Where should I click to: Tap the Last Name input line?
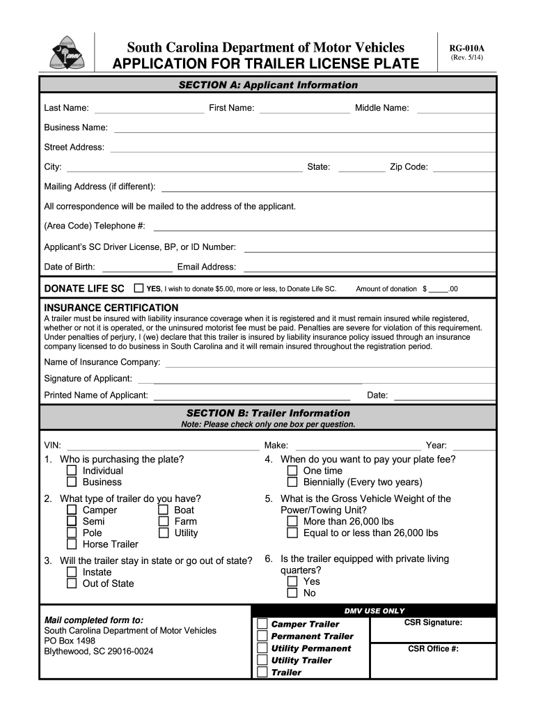click(x=148, y=109)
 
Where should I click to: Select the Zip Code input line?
click(x=464, y=167)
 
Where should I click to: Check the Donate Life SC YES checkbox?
click(x=139, y=288)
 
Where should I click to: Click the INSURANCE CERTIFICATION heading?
click(x=111, y=308)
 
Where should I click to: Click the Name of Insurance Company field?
click(x=329, y=362)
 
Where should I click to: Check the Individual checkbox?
click(x=72, y=471)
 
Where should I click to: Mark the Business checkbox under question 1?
click(x=72, y=482)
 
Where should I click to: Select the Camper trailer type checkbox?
click(x=72, y=510)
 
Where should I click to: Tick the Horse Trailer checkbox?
click(x=72, y=544)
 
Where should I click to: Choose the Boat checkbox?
click(x=164, y=510)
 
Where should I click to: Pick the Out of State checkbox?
click(x=72, y=583)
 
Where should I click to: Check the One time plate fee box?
click(x=292, y=471)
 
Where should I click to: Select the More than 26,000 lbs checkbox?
click(x=292, y=522)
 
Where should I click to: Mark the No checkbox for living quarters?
click(x=292, y=593)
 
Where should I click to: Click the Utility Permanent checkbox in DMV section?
click(x=262, y=648)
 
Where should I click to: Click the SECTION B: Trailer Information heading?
click(x=268, y=413)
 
